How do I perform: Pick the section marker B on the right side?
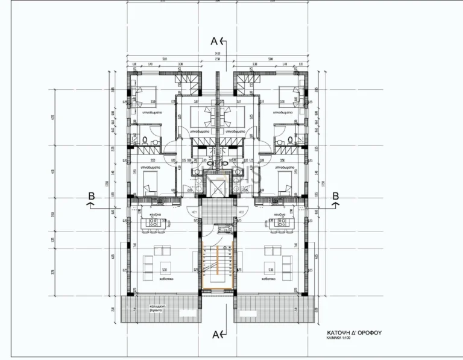336,196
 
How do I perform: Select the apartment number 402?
241,212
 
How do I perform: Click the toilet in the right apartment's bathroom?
290,140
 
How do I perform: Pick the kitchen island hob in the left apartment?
152,224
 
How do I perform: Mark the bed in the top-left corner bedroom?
146,95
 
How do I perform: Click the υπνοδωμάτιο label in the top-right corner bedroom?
282,112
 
